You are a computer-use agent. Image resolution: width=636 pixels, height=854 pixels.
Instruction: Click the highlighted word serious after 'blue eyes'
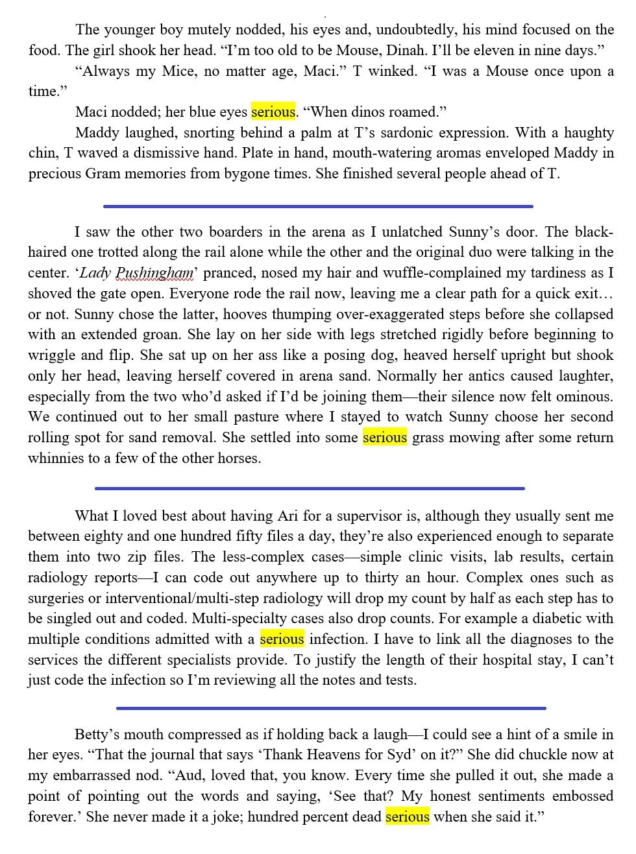click(273, 112)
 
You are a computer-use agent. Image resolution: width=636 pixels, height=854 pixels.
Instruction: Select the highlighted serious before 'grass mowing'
click(385, 438)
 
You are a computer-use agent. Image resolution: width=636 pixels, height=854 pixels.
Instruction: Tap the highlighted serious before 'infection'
click(282, 639)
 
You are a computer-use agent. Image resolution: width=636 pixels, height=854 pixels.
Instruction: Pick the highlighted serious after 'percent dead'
click(408, 817)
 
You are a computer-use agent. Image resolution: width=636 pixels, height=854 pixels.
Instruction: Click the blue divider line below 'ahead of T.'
click(318, 207)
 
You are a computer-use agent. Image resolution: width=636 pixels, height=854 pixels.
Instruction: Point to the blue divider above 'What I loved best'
click(310, 488)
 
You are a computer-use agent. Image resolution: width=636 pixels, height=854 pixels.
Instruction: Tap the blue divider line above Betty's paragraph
click(331, 708)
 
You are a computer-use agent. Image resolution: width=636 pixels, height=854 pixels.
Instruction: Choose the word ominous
click(583, 397)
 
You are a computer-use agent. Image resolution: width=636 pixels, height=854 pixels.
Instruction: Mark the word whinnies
click(55, 458)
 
